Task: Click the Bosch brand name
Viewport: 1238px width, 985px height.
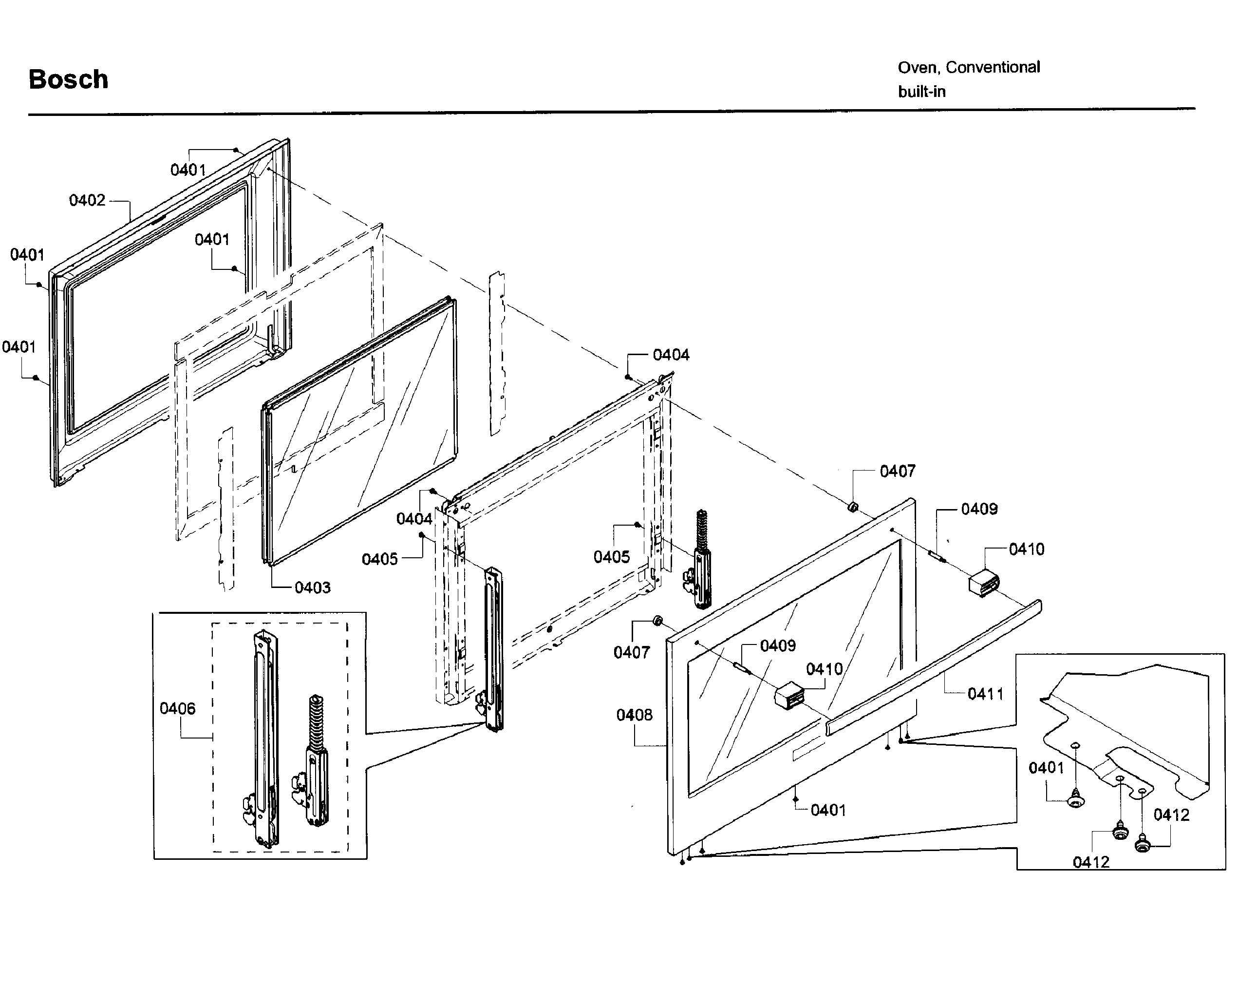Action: pyautogui.click(x=68, y=79)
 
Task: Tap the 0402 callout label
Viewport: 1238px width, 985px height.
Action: pyautogui.click(x=87, y=200)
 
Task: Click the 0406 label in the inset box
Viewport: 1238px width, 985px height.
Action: pyautogui.click(x=177, y=708)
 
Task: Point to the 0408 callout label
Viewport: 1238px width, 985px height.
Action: pyautogui.click(x=634, y=715)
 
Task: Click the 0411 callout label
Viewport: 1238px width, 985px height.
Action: pyautogui.click(x=985, y=694)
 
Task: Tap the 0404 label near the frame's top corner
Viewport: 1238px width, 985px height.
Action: pyautogui.click(x=671, y=355)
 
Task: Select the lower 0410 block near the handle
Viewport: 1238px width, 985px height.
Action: pyautogui.click(x=789, y=696)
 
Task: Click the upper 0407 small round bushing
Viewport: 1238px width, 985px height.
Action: pyautogui.click(x=853, y=507)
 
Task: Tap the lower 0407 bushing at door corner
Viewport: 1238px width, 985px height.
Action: pyautogui.click(x=657, y=621)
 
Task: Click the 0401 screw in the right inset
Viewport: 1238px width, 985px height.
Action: pyautogui.click(x=1075, y=800)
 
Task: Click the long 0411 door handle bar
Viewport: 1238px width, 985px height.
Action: pyautogui.click(x=936, y=666)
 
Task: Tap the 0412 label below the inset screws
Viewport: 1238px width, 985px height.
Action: pyautogui.click(x=1090, y=862)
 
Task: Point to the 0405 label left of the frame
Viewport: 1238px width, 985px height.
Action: pyautogui.click(x=379, y=559)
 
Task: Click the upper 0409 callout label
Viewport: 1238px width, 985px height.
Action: pyautogui.click(x=979, y=509)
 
